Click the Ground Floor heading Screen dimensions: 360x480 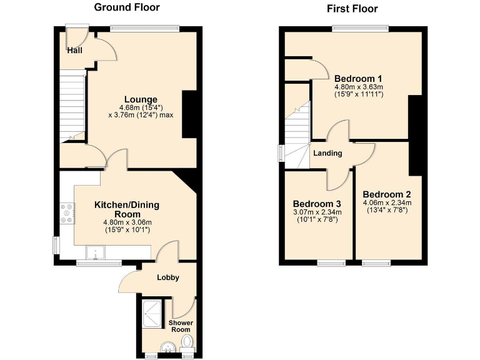[x=127, y=7]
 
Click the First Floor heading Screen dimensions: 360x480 [x=352, y=9]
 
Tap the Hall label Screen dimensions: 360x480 [x=75, y=51]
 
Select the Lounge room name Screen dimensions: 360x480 [x=141, y=99]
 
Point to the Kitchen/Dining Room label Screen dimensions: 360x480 [x=127, y=209]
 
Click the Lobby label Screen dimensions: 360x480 [x=168, y=277]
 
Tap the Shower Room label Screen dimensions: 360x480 [x=179, y=326]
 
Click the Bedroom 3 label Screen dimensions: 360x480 [x=317, y=204]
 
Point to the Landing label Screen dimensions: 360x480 [x=327, y=153]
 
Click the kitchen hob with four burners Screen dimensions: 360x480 [x=67, y=214]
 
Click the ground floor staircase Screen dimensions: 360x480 [x=72, y=106]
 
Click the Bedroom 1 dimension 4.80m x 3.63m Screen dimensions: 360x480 [x=358, y=87]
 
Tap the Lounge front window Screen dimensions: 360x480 [x=145, y=27]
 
